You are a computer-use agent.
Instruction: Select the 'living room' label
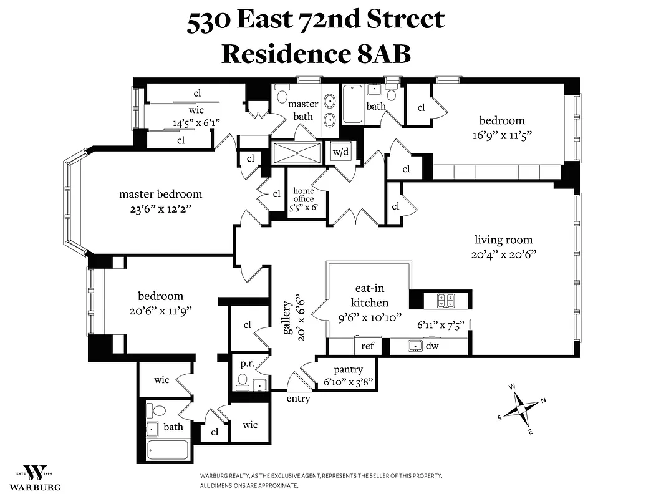tap(503, 240)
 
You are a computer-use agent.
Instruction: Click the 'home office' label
tap(304, 195)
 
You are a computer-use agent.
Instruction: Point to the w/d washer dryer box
tap(340, 152)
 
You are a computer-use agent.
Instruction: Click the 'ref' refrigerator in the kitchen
tap(367, 346)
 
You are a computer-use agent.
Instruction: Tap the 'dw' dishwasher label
tap(432, 346)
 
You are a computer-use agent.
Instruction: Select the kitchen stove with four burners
tap(446, 300)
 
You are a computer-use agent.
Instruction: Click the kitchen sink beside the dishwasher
tap(413, 346)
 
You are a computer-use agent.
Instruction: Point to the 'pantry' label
tap(348, 370)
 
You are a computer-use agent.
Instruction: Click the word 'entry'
tap(298, 399)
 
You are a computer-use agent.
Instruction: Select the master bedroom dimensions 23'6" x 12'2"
tap(160, 209)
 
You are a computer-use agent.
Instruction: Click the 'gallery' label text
tap(287, 317)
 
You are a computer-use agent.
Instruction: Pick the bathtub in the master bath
tap(352, 104)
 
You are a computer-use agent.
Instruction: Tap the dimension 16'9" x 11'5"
tap(501, 134)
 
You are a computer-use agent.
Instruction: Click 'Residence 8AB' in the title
tap(316, 54)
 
